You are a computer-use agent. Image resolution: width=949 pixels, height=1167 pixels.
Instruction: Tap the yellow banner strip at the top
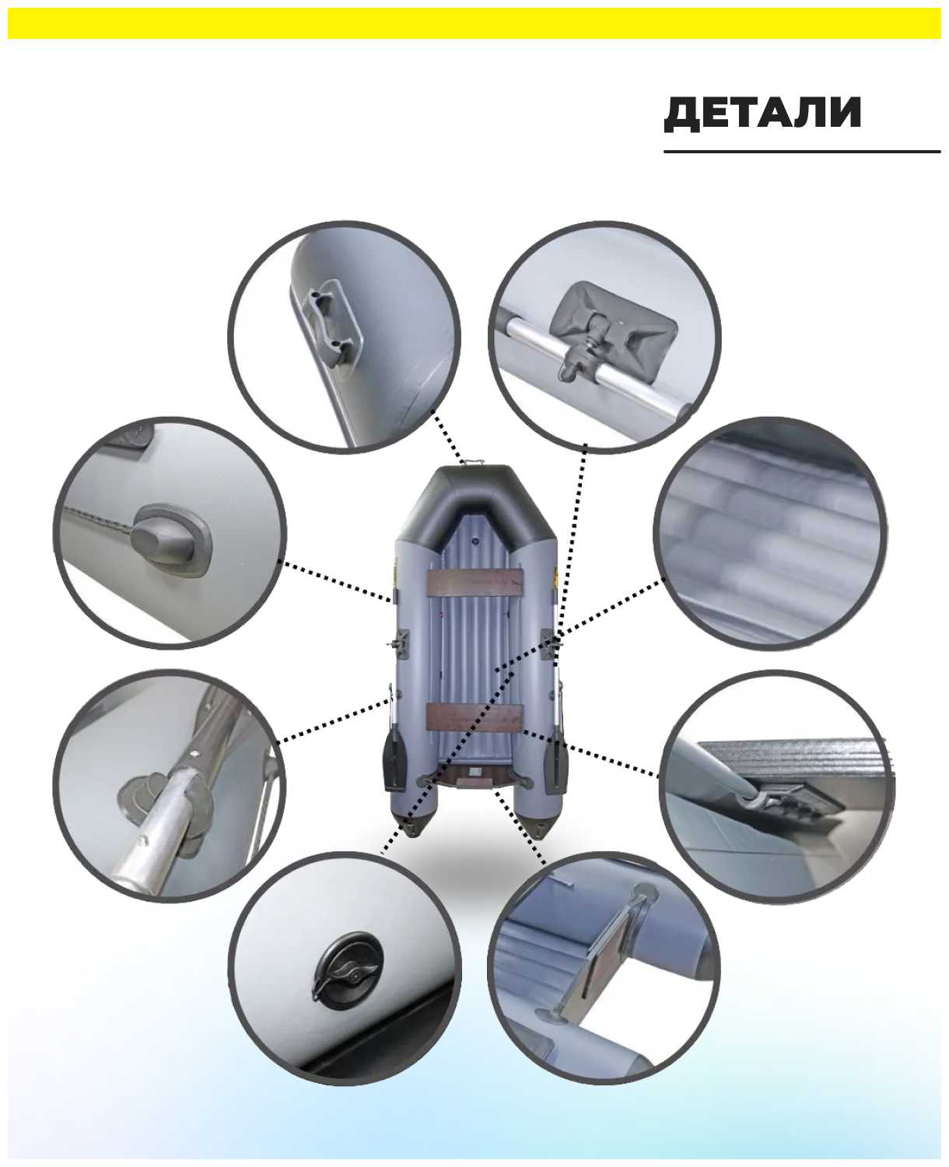(x=474, y=23)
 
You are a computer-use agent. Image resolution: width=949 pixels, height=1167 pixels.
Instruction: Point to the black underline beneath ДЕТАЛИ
(x=802, y=151)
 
